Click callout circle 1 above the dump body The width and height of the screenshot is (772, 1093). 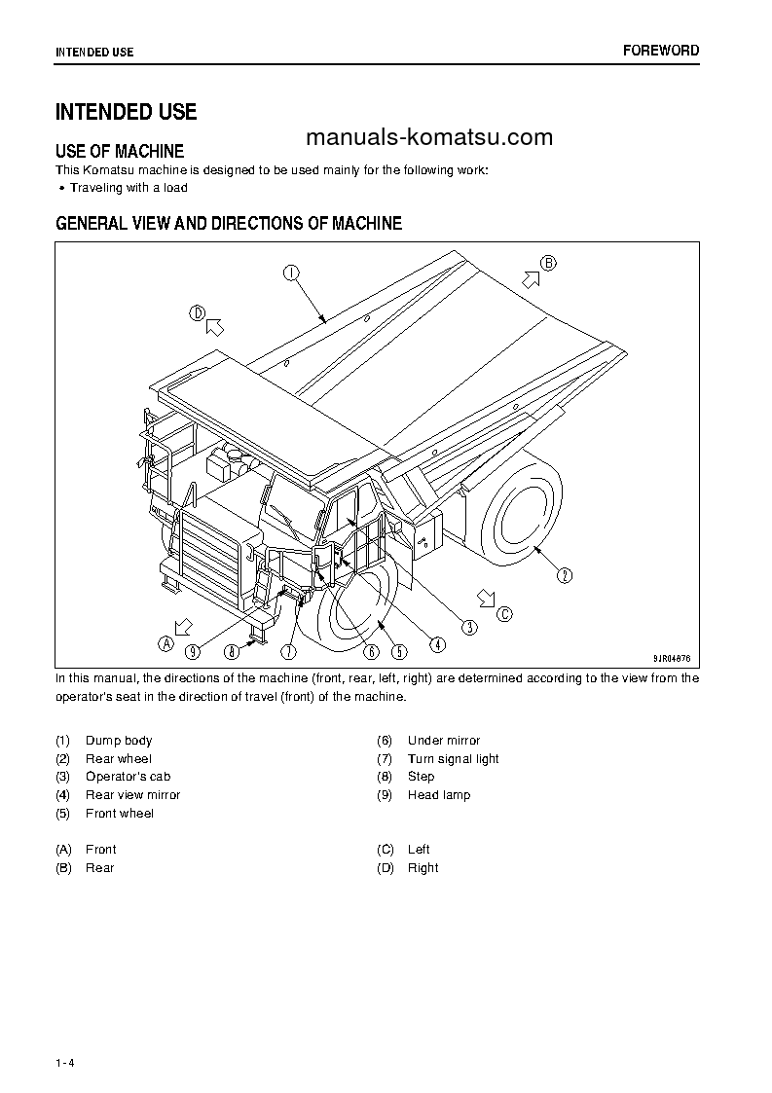click(291, 273)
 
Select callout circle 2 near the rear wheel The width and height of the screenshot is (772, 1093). click(565, 575)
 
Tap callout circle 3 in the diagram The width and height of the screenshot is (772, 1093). click(469, 627)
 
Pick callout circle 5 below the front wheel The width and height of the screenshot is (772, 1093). click(399, 651)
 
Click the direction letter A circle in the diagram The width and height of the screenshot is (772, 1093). click(166, 643)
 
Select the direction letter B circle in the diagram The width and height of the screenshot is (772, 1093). click(548, 263)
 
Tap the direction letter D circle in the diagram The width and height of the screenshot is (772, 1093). click(197, 313)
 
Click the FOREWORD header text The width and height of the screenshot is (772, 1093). click(661, 51)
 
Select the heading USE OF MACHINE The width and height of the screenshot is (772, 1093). click(120, 151)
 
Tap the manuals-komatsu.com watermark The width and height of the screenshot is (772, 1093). click(428, 137)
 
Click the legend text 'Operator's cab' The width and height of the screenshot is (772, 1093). click(128, 777)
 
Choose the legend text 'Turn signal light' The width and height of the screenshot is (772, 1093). click(453, 759)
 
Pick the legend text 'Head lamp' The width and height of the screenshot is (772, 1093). click(439, 795)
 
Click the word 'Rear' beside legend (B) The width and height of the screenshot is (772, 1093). click(99, 868)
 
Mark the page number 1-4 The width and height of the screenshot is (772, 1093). click(65, 1062)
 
